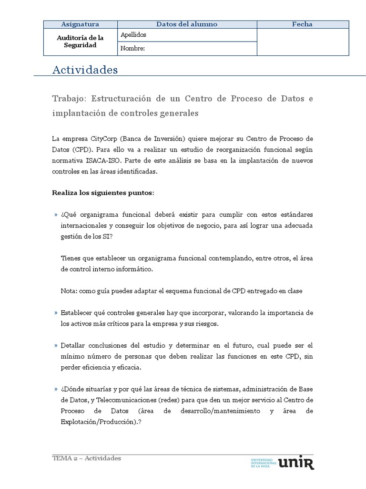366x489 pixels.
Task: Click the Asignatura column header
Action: [80, 24]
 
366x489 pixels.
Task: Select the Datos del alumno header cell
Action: [187, 24]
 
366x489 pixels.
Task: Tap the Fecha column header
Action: [302, 24]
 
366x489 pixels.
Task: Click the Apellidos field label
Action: [133, 35]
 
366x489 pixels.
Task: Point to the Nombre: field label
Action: [132, 48]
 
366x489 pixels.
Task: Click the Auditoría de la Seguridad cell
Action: [80, 42]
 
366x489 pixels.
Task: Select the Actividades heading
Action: [85, 70]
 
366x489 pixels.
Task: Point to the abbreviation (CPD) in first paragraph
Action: [85, 149]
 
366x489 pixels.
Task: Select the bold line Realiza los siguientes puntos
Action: [103, 192]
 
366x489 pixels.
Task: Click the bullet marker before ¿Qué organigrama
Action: [56, 214]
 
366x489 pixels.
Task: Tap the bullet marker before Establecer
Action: [56, 313]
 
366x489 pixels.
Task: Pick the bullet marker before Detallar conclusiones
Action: [56, 345]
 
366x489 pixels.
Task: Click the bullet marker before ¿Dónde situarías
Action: [56, 388]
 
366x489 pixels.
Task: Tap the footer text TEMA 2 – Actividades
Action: [87, 458]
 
